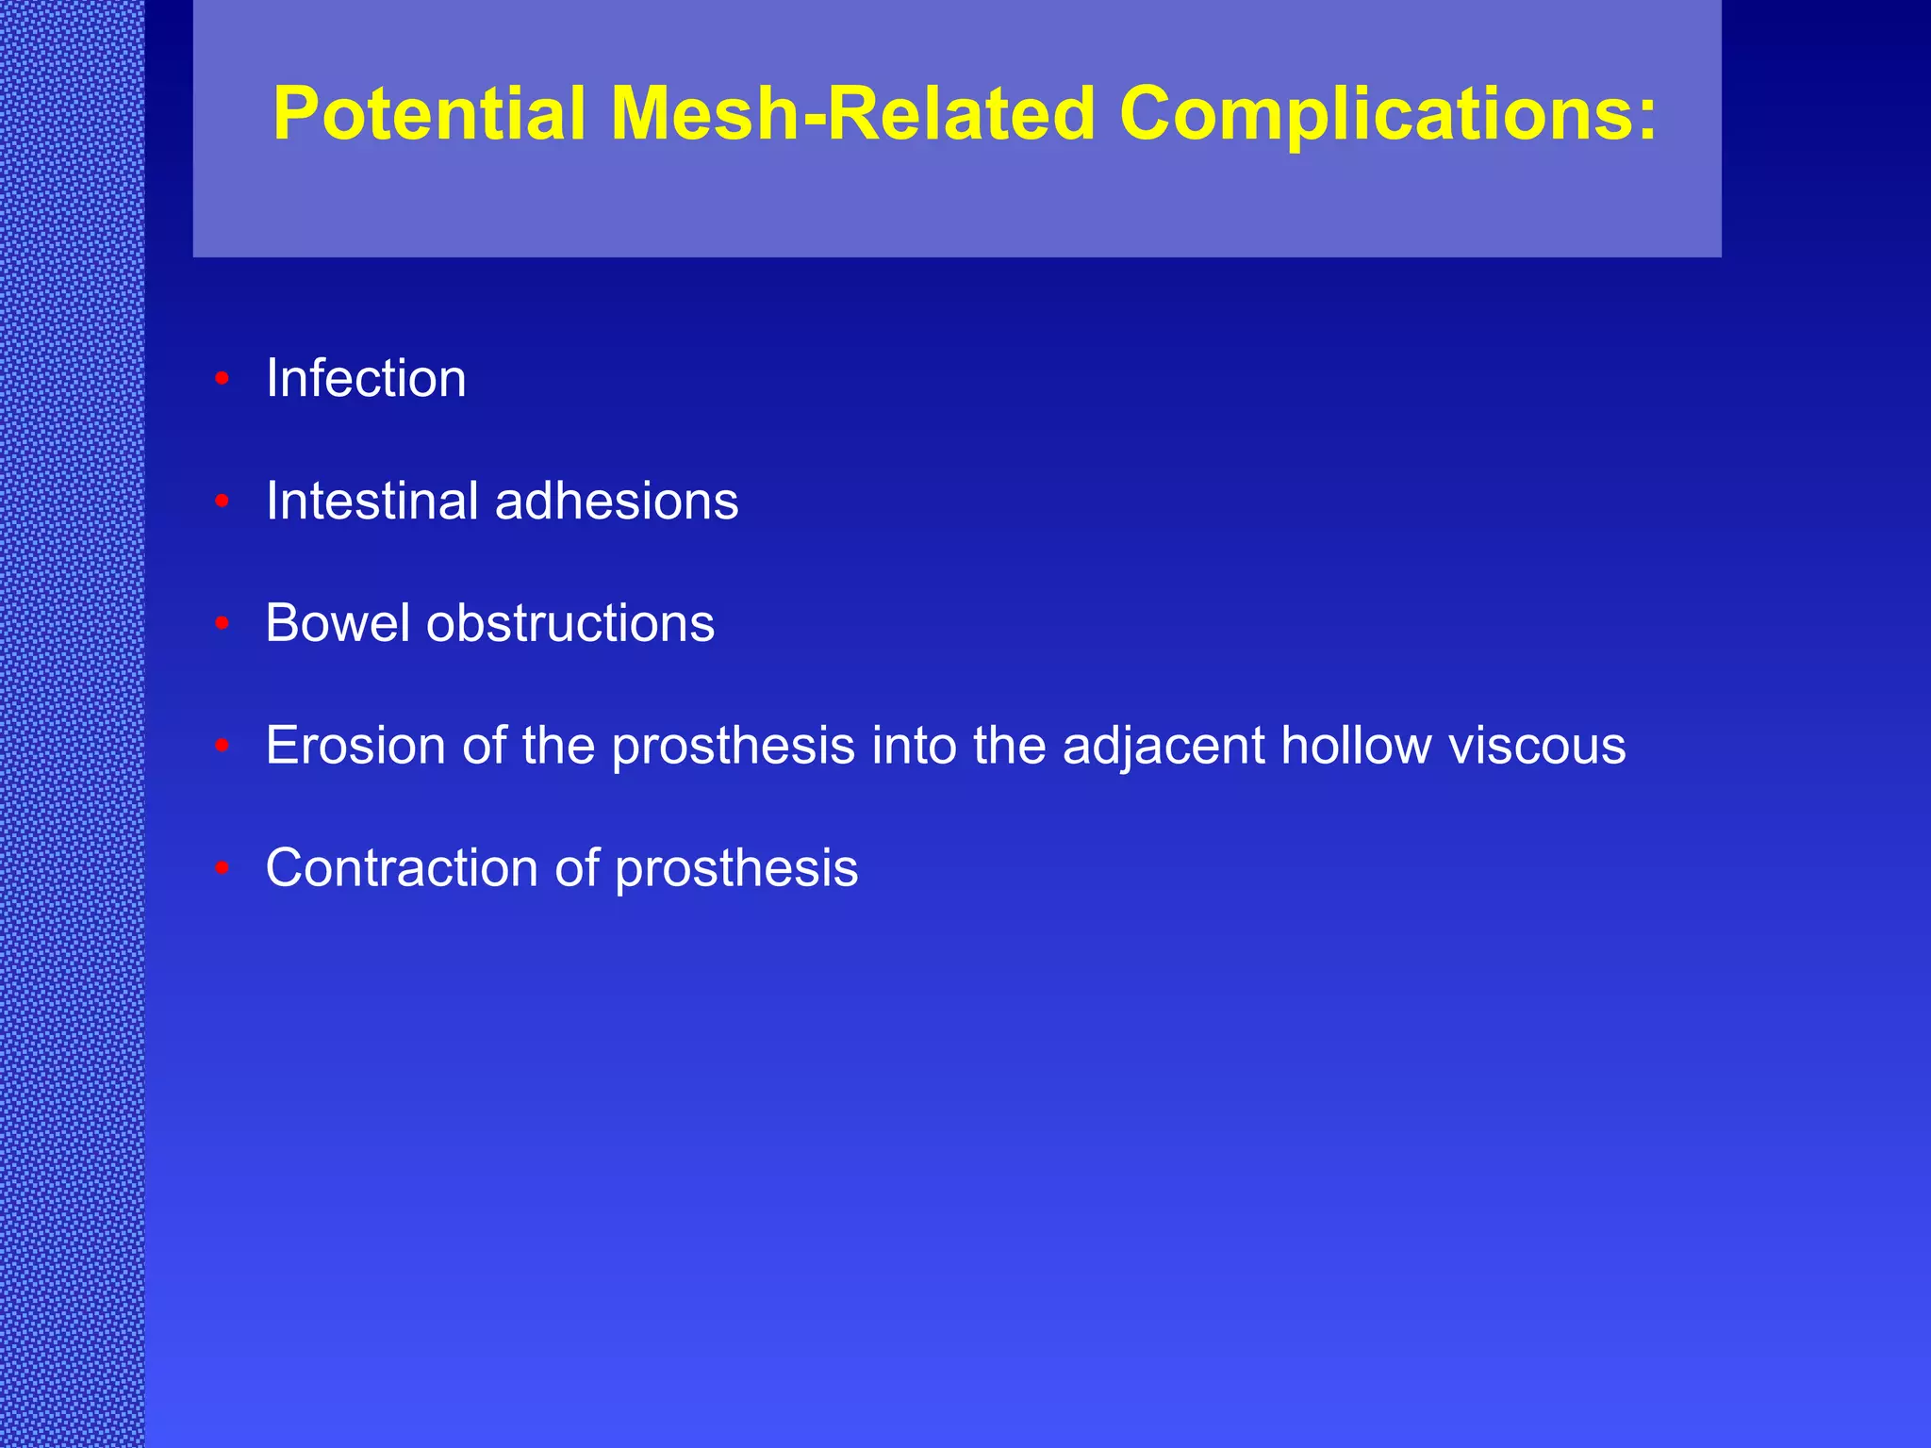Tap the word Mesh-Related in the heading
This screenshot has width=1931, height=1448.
tap(852, 114)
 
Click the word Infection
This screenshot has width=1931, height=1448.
tap(366, 378)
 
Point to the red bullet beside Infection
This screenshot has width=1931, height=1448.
tap(223, 379)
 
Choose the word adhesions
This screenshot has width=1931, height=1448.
tap(617, 501)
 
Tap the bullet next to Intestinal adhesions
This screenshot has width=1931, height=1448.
tap(223, 502)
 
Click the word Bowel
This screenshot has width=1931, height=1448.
tap(338, 623)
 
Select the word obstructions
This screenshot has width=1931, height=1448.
tap(570, 623)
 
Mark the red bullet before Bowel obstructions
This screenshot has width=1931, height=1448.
tap(223, 624)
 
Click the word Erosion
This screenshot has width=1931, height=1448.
tap(355, 746)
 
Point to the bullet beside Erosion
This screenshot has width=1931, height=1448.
tap(223, 747)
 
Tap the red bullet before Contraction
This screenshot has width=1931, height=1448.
tap(223, 869)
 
